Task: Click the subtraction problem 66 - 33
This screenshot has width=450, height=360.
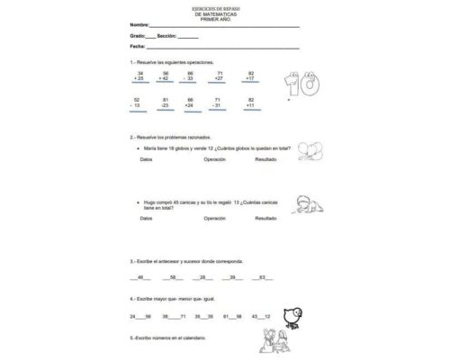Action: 190,76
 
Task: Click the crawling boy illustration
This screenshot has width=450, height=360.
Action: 310,204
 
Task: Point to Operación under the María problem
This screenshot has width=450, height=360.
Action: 214,158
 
